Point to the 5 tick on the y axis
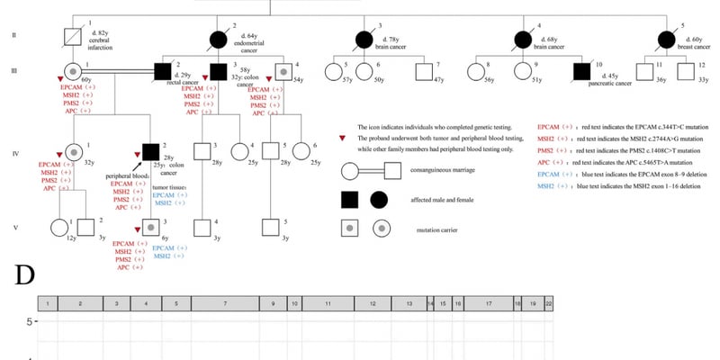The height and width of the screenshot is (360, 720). coord(30,321)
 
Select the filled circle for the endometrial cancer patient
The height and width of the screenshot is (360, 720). coord(217,38)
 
